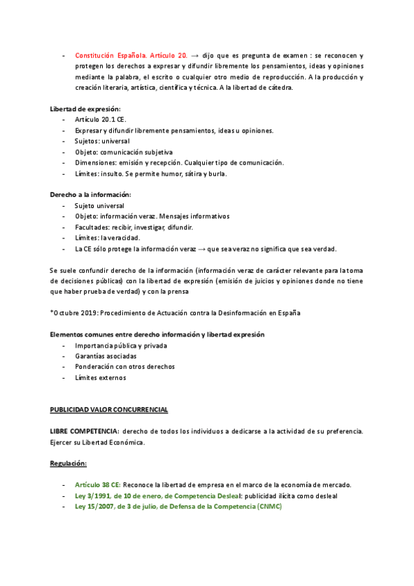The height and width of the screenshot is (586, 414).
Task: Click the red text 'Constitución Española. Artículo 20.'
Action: point(131,54)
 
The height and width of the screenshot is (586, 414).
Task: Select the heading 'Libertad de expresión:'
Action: point(86,108)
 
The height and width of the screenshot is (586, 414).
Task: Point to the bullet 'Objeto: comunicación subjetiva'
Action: point(124,152)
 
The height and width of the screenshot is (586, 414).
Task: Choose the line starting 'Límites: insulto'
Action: point(151,173)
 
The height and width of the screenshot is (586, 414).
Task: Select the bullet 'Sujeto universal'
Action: point(99,206)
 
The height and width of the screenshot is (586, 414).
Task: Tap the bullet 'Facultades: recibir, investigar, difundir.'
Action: point(134,227)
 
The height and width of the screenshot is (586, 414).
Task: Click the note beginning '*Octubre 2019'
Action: point(175,313)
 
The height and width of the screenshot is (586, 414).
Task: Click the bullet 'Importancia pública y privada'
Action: point(121,346)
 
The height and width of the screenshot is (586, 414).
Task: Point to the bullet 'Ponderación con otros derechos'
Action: point(125,367)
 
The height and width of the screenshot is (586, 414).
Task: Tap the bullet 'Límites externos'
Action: point(101,377)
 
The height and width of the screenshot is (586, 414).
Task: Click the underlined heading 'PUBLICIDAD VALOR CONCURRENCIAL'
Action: point(109,410)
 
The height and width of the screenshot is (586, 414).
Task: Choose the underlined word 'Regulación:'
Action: point(68,463)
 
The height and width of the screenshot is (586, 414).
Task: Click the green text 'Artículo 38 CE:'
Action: point(98,484)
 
